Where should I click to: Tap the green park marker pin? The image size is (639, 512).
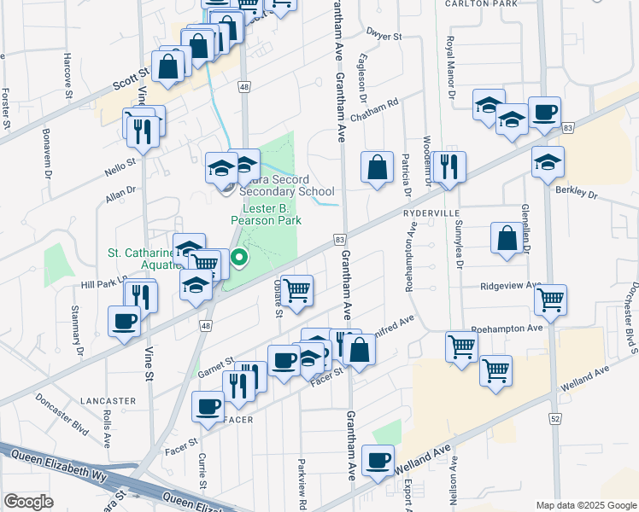[241, 255]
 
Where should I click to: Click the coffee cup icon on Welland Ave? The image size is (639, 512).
[378, 461]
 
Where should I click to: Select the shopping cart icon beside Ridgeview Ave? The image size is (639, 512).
[551, 300]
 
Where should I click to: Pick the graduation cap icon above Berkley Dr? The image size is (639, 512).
[548, 161]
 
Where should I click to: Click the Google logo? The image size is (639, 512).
[28, 501]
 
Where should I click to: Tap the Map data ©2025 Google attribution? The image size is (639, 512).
[585, 505]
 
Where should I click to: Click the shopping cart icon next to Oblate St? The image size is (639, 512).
[296, 290]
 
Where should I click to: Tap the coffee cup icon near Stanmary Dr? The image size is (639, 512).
[125, 322]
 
